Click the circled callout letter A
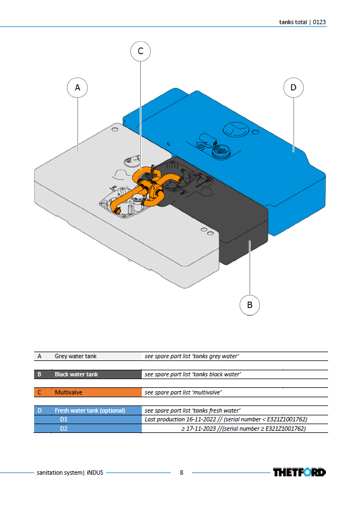click(x=77, y=87)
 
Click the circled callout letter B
click(x=250, y=305)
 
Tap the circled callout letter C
click(x=141, y=51)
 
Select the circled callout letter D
click(x=293, y=87)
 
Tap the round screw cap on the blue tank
click(x=221, y=152)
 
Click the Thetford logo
click(x=300, y=472)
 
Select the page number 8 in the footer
click(x=181, y=472)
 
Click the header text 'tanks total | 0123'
click(x=302, y=22)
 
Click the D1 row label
click(x=64, y=420)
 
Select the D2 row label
click(x=64, y=429)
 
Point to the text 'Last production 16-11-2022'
click(x=180, y=420)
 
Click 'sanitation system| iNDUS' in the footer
click(x=70, y=472)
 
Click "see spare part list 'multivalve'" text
click(x=183, y=392)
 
